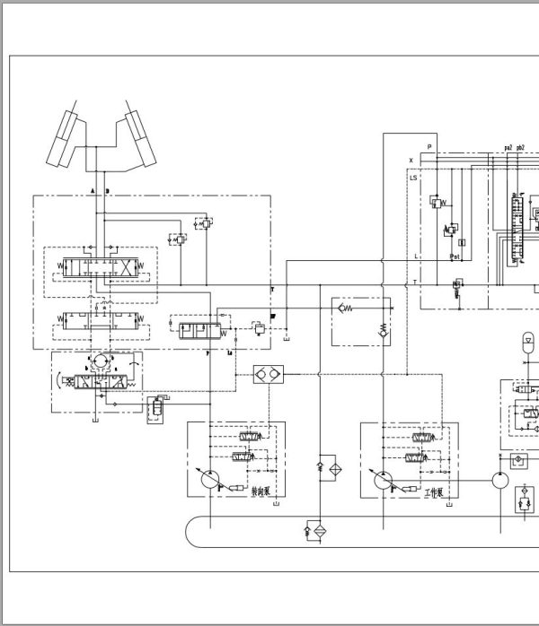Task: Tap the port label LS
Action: coord(414,178)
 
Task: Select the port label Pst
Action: coord(455,256)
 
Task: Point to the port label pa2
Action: coord(508,147)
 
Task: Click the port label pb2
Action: coord(521,147)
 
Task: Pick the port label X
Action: coord(411,161)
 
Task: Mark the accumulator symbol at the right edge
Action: coord(529,341)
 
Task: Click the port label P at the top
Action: coord(429,146)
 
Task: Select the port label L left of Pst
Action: coord(416,256)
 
